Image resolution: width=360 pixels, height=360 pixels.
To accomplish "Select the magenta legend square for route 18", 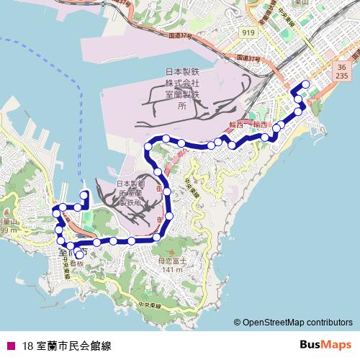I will click(x=9, y=345).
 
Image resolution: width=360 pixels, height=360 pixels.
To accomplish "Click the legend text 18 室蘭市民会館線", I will click(x=67, y=345).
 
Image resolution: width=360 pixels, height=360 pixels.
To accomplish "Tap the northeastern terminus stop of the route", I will click(x=306, y=84).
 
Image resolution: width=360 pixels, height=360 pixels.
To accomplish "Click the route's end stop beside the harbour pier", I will click(x=84, y=194).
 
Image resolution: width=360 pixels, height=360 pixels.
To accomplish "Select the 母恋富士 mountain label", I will click(x=173, y=261).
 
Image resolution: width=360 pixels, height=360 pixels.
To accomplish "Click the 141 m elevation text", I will click(x=173, y=270).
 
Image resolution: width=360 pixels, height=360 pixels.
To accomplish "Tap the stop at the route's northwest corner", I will click(x=148, y=147).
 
